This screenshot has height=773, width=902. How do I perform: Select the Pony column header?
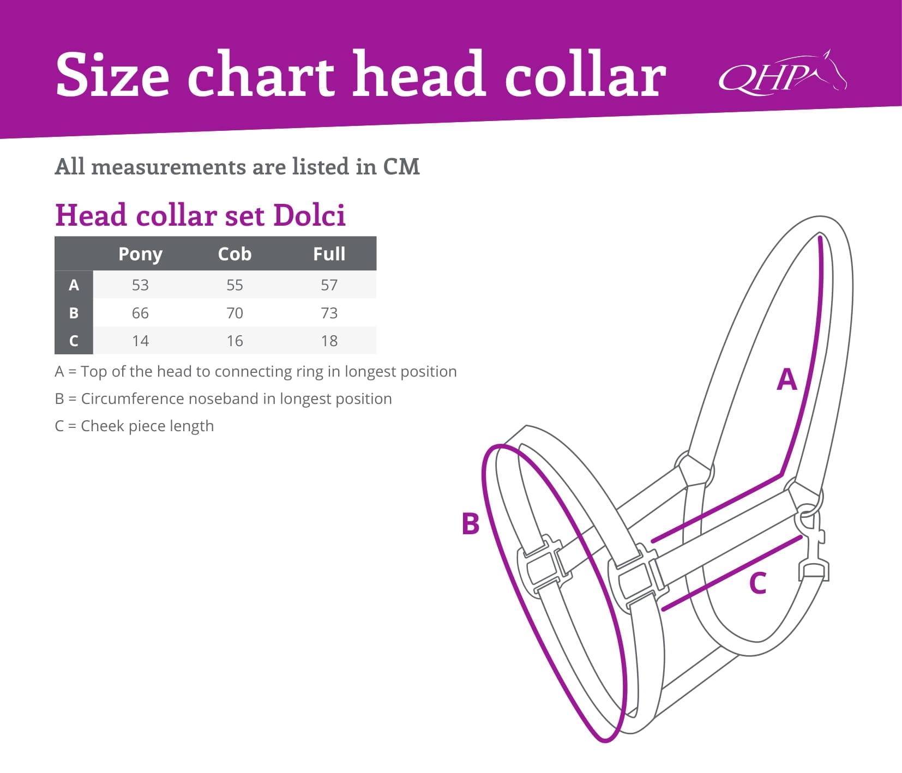point(140,255)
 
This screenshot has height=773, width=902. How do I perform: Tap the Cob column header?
point(234,253)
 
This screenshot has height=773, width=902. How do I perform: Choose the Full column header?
point(329,253)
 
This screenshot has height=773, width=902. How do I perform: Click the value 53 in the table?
point(140,285)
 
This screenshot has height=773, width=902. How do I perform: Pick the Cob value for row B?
point(234,313)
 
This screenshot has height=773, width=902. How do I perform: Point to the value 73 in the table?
point(329,313)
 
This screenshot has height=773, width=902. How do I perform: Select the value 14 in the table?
point(140,341)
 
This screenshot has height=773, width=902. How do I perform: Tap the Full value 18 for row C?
point(329,341)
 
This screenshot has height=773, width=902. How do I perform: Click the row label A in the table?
point(74,285)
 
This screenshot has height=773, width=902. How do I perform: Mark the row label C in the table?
point(74,341)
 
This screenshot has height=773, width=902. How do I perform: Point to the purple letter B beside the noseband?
point(470,523)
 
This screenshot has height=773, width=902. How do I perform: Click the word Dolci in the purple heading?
point(309,215)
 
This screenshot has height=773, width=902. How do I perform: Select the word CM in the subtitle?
point(401,166)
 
